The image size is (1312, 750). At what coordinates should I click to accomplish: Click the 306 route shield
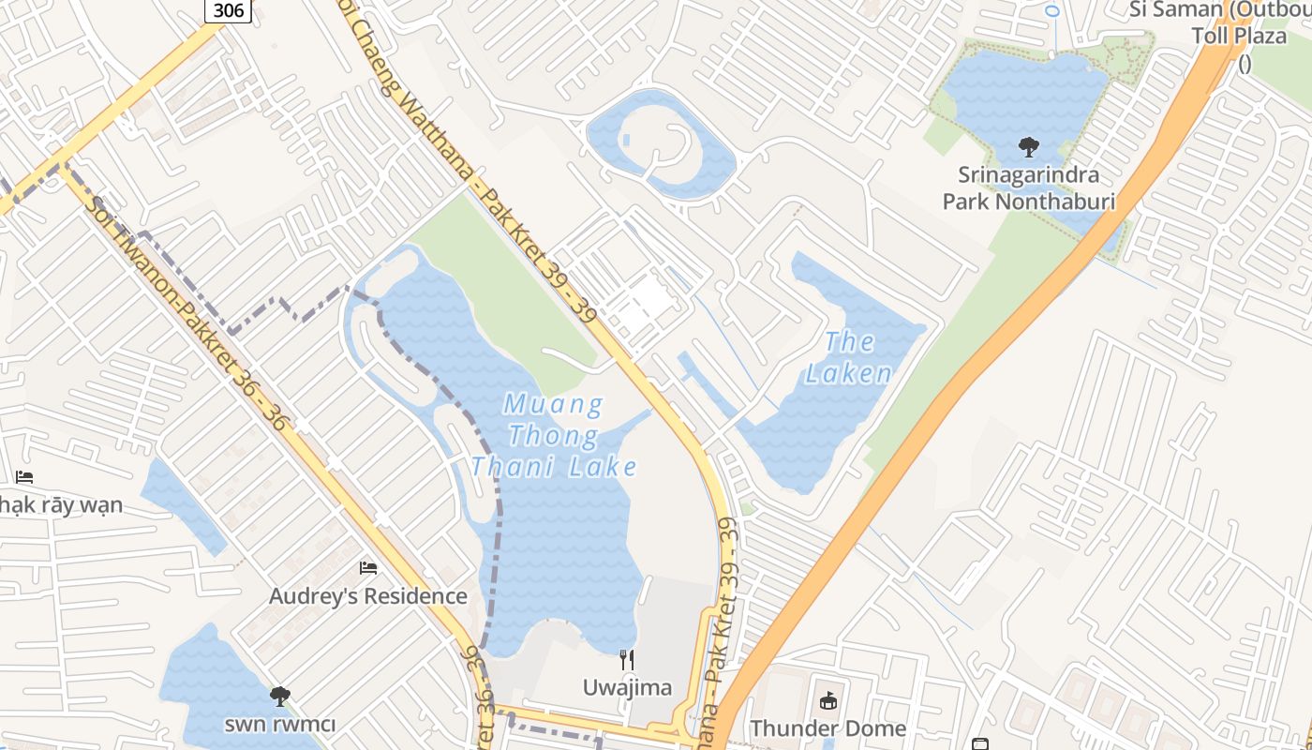tap(228, 9)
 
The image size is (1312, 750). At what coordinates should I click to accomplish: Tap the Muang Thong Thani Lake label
tap(555, 436)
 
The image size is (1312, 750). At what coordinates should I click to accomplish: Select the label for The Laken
tap(849, 357)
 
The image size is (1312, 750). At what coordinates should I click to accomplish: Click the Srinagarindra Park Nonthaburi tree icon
tap(1029, 147)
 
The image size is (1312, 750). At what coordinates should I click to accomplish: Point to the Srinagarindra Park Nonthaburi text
tap(1029, 187)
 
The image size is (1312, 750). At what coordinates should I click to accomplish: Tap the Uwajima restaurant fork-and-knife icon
tap(627, 660)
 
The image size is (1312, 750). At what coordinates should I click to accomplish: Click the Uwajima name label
tap(627, 687)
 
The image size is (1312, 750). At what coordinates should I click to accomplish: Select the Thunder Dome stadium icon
tap(827, 700)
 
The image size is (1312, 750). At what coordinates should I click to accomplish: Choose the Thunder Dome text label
tap(827, 728)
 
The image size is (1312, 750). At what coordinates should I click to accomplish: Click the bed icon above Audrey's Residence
tap(368, 568)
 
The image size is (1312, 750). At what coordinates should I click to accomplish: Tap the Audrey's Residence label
tap(368, 596)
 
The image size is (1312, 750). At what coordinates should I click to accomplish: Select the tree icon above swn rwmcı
tap(279, 696)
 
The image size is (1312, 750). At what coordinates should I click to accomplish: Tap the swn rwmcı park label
tap(279, 724)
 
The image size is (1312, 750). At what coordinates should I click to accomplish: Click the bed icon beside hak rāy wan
tap(24, 477)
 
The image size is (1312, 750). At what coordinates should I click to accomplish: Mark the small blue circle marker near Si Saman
tap(1052, 11)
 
